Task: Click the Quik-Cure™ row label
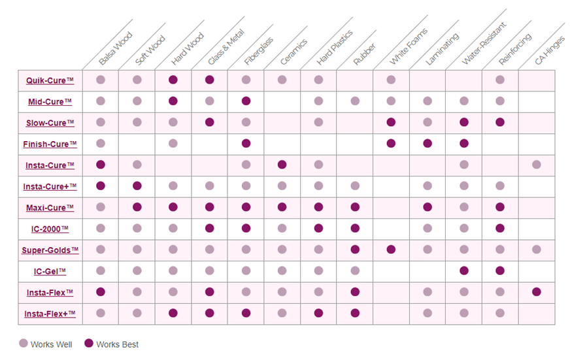50,80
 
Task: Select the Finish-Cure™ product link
50,144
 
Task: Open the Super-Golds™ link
50,250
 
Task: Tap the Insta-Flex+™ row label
50,314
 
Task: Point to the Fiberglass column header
259,50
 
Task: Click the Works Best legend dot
90,344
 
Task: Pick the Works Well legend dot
24,344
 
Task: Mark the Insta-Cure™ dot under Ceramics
282,165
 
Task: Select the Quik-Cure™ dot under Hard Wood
173,80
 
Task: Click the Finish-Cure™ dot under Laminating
427,143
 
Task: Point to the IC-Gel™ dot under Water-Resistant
464,270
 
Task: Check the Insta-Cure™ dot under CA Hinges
537,165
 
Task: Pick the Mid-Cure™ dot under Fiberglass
246,101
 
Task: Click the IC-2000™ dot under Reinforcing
500,228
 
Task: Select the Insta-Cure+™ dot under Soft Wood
137,186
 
